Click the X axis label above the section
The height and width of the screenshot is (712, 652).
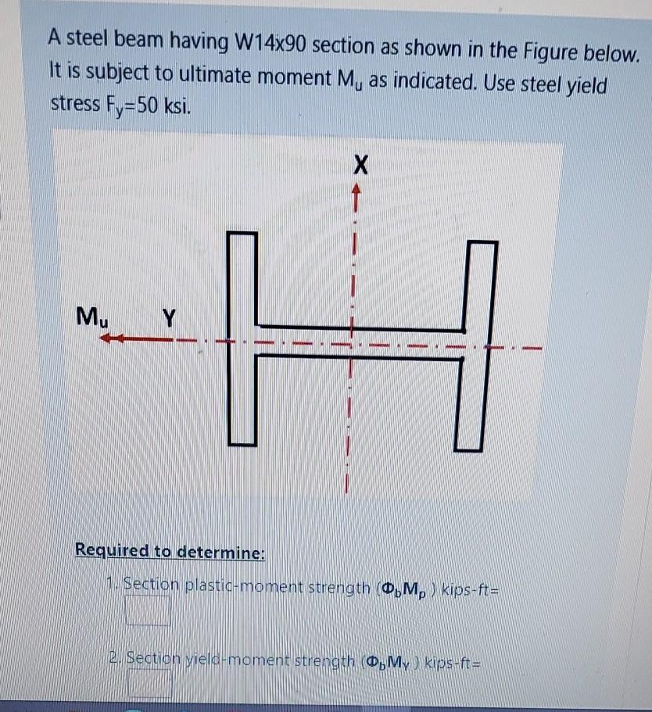[x=359, y=165]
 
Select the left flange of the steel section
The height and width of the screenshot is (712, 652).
[x=243, y=338]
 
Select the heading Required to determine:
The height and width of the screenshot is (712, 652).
[x=170, y=551]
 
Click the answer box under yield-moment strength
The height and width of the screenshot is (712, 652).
[x=149, y=684]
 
